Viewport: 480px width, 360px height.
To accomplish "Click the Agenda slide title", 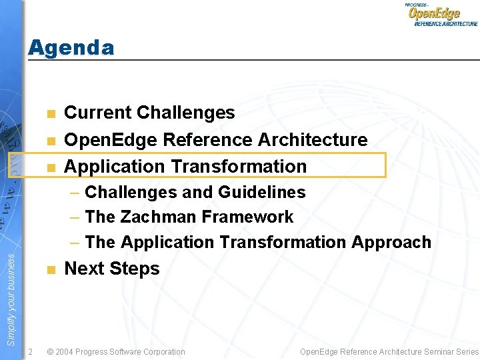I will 71,48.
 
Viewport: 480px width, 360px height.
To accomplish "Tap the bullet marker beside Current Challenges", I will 50,113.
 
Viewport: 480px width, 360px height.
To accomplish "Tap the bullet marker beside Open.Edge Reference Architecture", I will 50,140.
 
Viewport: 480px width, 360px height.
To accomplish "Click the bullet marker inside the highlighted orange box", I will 50,167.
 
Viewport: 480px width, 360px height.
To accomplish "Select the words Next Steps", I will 111,269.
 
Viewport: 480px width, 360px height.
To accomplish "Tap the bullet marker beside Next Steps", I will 50,269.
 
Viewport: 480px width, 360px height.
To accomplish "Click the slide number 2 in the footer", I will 31,351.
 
